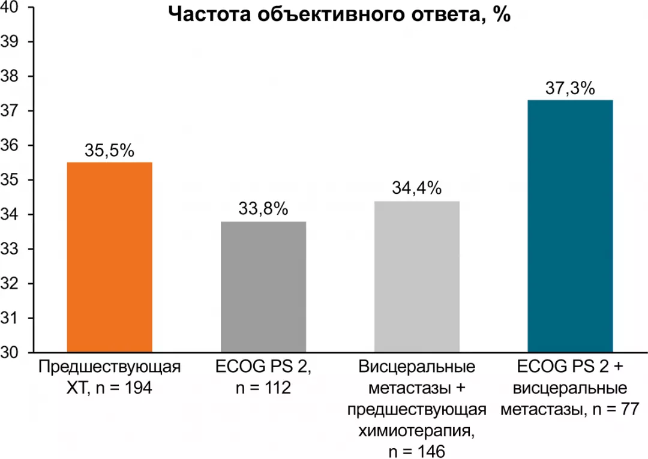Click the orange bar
(109, 257)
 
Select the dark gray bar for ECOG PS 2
(263, 287)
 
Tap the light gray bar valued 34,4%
(417, 277)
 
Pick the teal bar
(570, 226)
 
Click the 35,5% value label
(109, 151)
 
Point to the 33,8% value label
(263, 209)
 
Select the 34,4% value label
(417, 189)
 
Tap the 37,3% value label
(570, 89)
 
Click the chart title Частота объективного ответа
(339, 14)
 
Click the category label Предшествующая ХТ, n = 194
(109, 377)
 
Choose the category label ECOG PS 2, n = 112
(263, 377)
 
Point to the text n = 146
(417, 451)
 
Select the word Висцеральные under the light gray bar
(417, 367)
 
